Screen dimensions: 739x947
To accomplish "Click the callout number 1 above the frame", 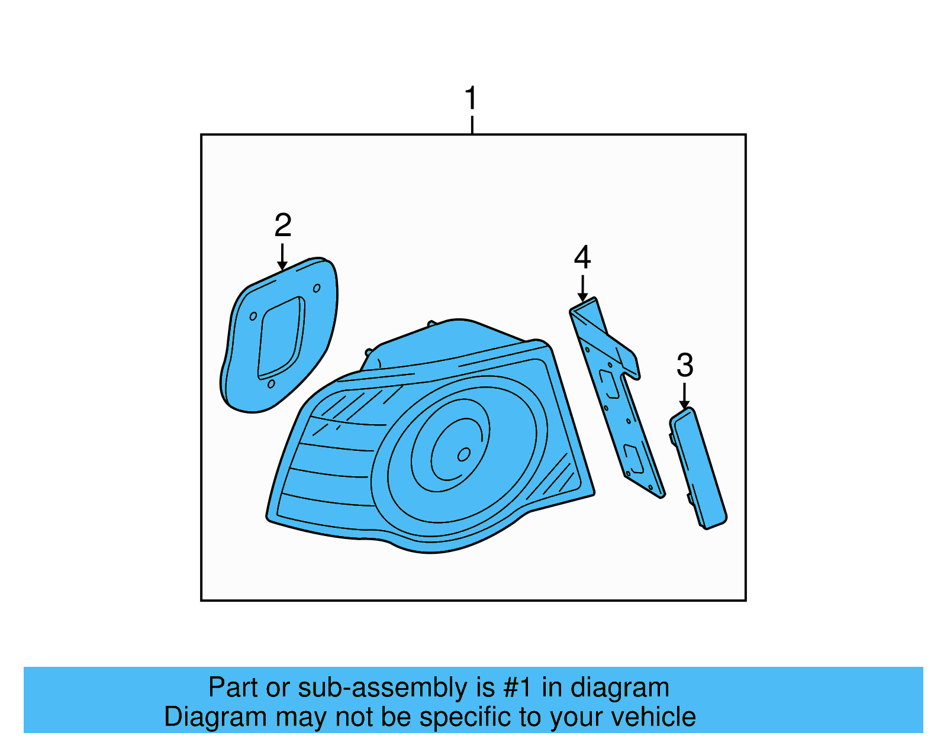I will [471, 98].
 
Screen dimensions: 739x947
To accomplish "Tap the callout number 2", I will [283, 225].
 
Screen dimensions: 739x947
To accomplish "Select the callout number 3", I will [685, 365].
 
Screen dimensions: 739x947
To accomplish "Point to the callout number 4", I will [582, 257].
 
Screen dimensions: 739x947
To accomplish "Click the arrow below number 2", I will [282, 257].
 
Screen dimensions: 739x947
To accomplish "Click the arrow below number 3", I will [685, 396].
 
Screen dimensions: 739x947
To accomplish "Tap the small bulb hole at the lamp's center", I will [464, 454].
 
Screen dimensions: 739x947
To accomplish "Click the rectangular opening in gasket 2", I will [281, 338].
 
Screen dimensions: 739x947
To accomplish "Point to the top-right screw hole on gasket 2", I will [317, 288].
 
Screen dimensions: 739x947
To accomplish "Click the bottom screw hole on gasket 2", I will [271, 384].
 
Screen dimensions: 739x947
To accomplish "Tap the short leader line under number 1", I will [472, 125].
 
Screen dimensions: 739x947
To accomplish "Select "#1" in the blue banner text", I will [518, 688].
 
